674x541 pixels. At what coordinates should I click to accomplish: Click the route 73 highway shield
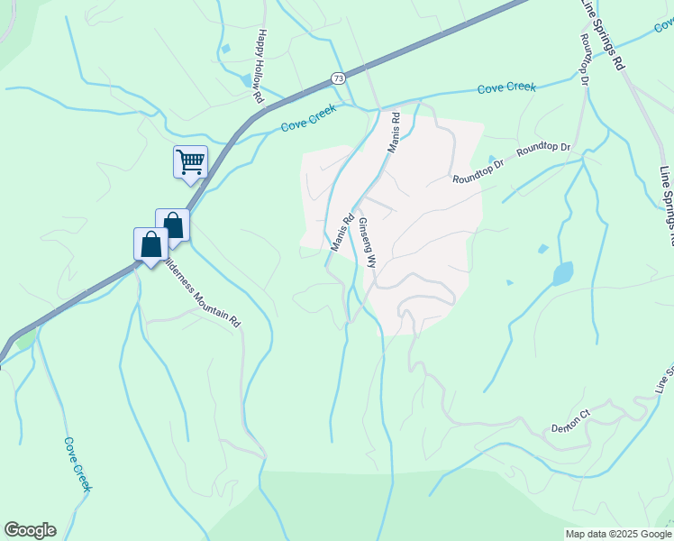coord(337,78)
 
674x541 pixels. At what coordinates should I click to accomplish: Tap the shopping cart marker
coord(190,162)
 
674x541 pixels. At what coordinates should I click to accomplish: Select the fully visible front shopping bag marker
coord(150,243)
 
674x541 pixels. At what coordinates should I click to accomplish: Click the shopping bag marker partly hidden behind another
coord(174,224)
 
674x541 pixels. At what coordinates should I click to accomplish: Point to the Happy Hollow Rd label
coord(260,64)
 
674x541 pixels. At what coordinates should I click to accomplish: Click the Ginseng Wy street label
coord(367,242)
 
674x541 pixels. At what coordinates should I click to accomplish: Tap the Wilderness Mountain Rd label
coord(204,294)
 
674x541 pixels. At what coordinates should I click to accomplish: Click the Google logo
coord(30,530)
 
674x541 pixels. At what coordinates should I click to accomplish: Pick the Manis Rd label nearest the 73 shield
coord(392,133)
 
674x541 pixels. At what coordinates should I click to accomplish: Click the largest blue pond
coord(562,273)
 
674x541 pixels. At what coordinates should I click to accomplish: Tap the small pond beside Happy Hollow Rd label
coord(246,80)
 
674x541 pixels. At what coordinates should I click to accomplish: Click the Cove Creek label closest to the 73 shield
coord(308,118)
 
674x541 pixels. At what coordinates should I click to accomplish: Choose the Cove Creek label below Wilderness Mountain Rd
coord(77,464)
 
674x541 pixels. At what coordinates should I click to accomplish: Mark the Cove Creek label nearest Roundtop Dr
coord(506,87)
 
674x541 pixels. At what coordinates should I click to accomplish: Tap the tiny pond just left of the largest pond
coord(542,249)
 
